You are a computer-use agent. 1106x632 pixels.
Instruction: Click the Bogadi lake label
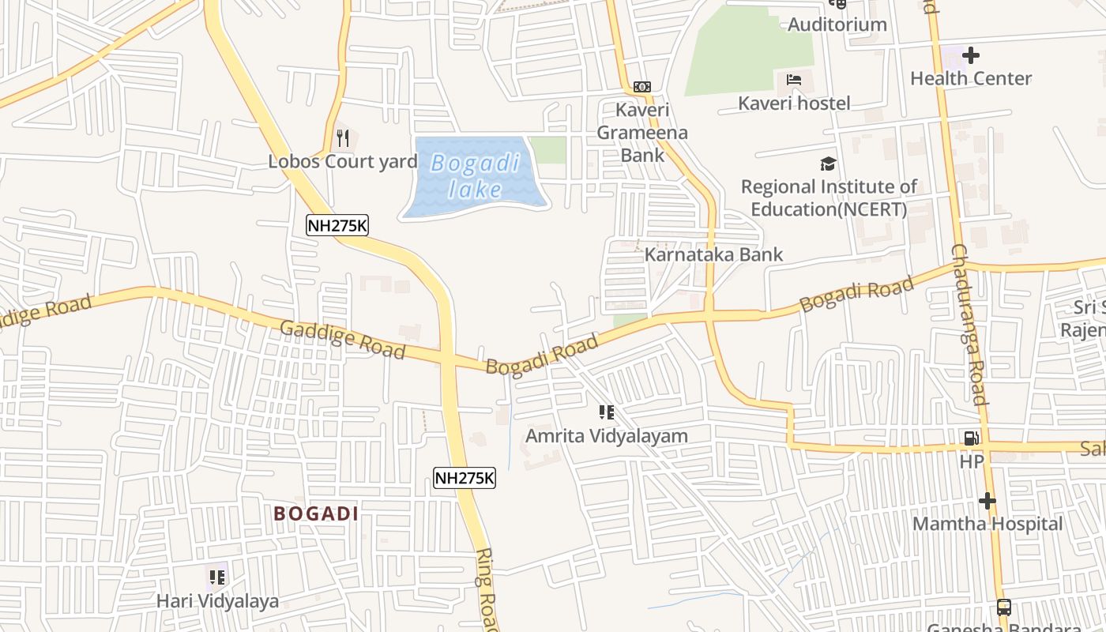tap(476, 176)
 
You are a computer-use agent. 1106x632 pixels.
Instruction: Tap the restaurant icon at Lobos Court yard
tap(342, 138)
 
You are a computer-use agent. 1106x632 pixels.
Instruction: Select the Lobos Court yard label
tap(343, 162)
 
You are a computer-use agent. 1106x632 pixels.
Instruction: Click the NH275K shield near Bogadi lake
tap(337, 225)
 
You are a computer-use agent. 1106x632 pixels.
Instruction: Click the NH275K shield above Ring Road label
tap(465, 477)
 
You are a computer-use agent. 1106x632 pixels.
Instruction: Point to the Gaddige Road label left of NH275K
tap(343, 340)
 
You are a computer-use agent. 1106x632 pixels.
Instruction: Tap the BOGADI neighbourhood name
tap(316, 513)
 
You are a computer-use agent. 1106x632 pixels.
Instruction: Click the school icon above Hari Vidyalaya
tap(216, 577)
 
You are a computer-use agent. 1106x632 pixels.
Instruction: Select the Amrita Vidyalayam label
tap(607, 436)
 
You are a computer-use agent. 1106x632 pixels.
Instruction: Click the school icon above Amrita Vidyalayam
tap(606, 412)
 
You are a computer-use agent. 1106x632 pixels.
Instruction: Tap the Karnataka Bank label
tap(714, 254)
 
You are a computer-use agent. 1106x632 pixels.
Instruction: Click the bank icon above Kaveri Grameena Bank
tap(642, 86)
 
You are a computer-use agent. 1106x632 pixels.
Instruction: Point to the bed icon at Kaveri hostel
tap(794, 80)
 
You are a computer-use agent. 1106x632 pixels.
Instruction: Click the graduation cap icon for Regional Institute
tap(828, 164)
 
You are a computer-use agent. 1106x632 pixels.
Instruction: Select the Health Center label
tap(971, 78)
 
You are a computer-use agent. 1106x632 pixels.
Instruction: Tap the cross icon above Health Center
tap(971, 55)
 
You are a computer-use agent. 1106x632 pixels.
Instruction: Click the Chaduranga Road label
tap(969, 324)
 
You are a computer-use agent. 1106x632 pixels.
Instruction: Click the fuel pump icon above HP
tap(971, 438)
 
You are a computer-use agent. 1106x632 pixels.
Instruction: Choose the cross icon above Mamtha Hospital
tap(987, 501)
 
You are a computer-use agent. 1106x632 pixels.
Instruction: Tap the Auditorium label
tap(837, 24)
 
